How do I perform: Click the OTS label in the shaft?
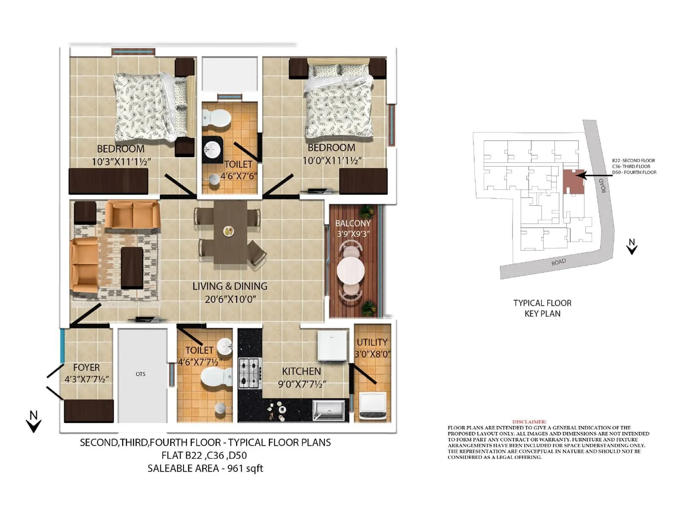click(x=141, y=374)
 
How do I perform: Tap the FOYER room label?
click(x=86, y=367)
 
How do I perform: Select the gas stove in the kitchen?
click(x=249, y=374)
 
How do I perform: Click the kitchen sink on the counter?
click(x=329, y=411)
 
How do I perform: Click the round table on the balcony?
click(x=351, y=270)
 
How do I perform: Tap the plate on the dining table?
click(x=229, y=231)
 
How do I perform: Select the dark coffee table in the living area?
click(x=132, y=268)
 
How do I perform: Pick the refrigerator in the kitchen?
click(x=333, y=346)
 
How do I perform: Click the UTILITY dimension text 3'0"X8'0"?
click(x=373, y=354)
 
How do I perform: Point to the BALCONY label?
click(x=353, y=223)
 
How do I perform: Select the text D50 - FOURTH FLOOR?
click(x=634, y=173)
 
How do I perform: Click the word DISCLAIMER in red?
click(x=529, y=422)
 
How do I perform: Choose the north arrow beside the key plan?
click(x=632, y=246)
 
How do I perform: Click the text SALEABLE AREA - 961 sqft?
click(x=205, y=468)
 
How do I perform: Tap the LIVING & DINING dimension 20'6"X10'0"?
click(x=230, y=299)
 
